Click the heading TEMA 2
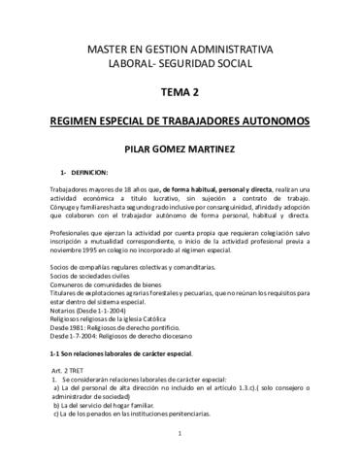[x=180, y=92]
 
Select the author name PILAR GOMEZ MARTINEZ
[x=180, y=151]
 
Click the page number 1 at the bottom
[x=180, y=448]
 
